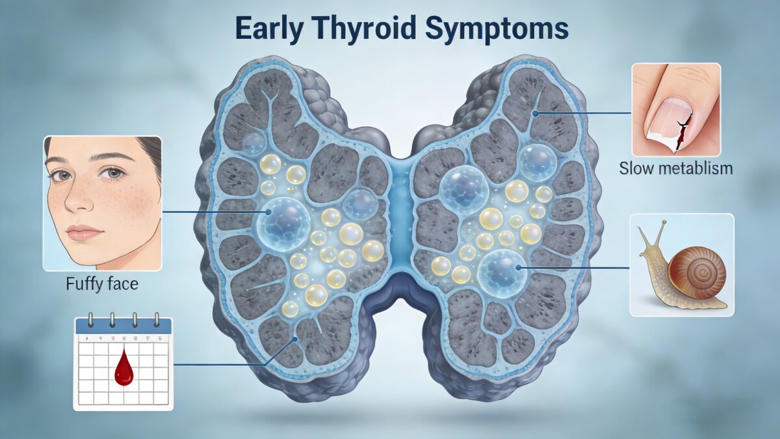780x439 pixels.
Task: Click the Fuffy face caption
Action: point(102,284)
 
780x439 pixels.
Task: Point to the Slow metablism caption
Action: point(676,169)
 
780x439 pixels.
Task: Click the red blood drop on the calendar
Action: point(123,369)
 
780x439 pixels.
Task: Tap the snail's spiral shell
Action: point(697,273)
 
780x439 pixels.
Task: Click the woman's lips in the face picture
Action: point(84,232)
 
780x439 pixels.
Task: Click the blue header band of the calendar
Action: point(123,326)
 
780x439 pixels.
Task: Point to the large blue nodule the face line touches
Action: point(283,220)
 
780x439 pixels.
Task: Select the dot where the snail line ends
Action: point(518,267)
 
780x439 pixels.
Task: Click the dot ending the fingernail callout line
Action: point(534,113)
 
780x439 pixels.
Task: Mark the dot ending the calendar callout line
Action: point(296,338)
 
